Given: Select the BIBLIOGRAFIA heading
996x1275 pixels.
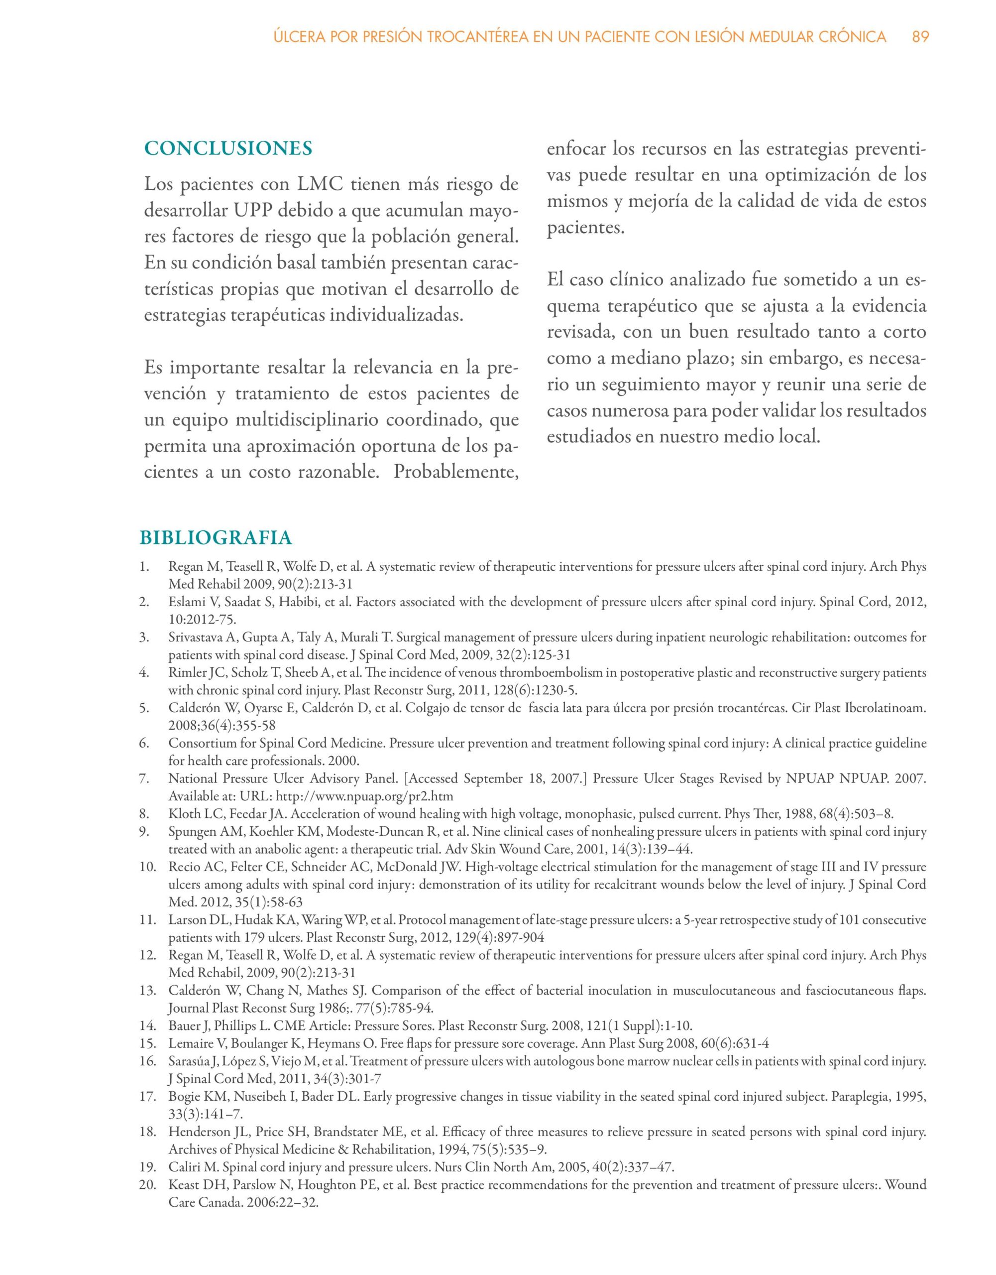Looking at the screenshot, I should point(216,537).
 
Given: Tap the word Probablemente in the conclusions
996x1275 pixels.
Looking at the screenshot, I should point(456,471).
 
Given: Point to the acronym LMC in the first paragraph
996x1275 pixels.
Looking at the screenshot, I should point(319,184).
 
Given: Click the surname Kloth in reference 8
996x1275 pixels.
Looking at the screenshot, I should point(182,813).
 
